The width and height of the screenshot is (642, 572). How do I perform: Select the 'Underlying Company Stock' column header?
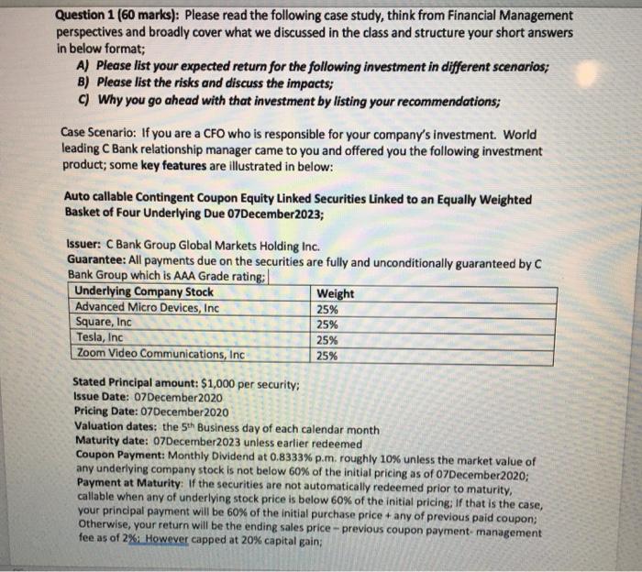pyautogui.click(x=144, y=292)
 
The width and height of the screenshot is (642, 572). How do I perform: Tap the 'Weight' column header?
pyautogui.click(x=335, y=293)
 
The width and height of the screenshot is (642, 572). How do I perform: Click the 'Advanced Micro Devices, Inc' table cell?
pyautogui.click(x=147, y=308)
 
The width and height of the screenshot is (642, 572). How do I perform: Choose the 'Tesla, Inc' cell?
pyautogui.click(x=100, y=337)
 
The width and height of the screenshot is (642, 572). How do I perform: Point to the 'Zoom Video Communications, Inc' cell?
pyautogui.click(x=160, y=353)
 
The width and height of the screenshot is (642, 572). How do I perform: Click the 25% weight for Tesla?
pyautogui.click(x=327, y=338)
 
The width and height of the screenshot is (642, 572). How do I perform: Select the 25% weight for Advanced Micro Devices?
pyautogui.click(x=327, y=309)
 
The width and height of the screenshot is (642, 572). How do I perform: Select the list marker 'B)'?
pyautogui.click(x=85, y=82)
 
